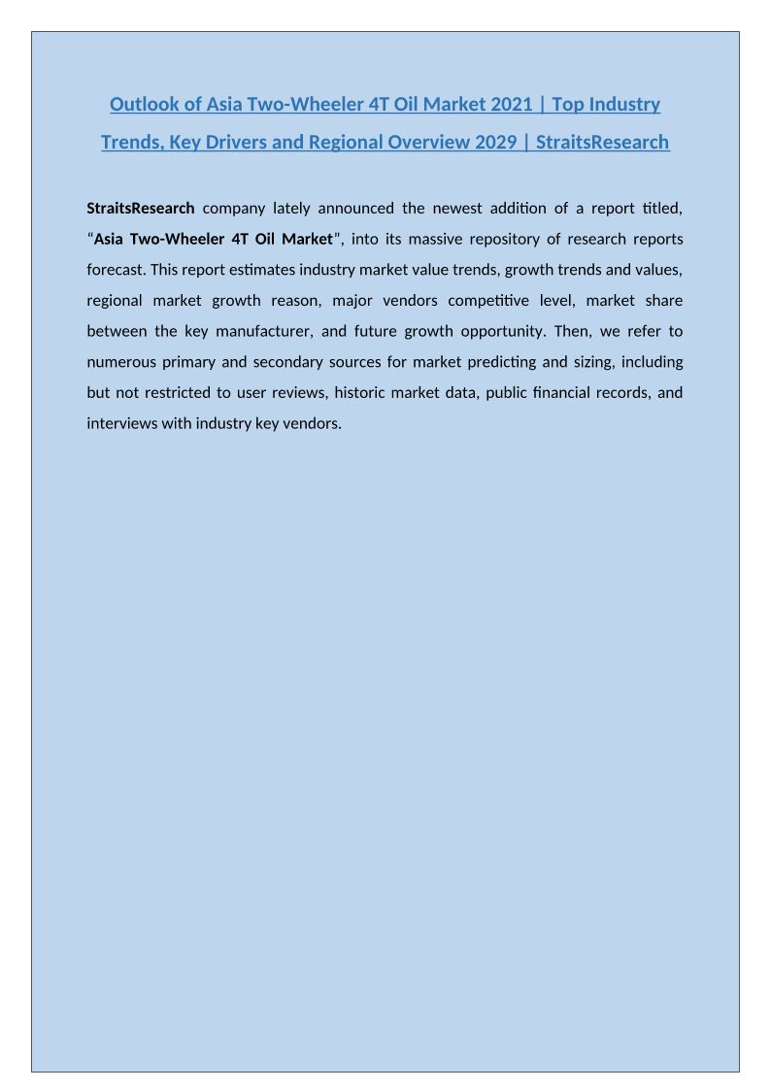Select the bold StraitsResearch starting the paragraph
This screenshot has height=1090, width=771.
[x=141, y=208]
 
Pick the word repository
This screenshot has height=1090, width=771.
[x=543, y=239]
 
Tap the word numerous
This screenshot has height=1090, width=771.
[x=120, y=363]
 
